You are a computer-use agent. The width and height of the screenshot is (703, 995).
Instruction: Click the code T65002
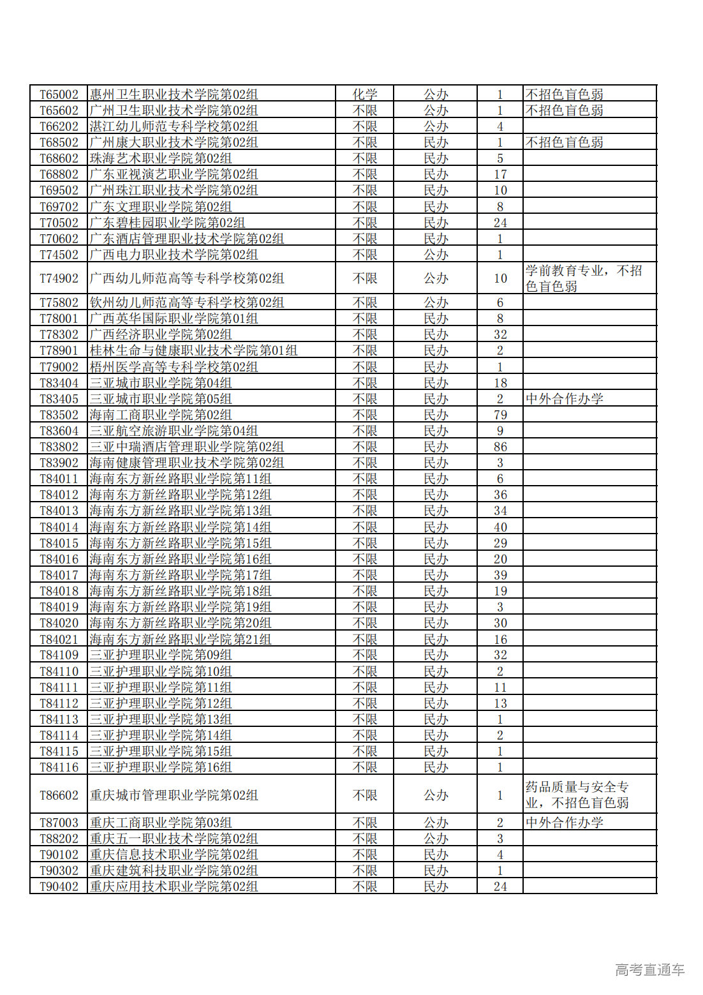point(59,94)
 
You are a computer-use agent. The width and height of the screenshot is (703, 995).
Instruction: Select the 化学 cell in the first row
point(365,94)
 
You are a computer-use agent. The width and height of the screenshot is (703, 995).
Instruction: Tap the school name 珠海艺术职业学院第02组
point(161,158)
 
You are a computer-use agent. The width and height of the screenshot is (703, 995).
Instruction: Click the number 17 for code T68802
point(500,174)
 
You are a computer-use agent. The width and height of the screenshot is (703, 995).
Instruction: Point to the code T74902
point(59,278)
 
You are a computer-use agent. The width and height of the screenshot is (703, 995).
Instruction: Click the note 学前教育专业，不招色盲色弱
point(583,278)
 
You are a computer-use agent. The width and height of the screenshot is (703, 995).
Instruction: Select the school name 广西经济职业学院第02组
point(161,334)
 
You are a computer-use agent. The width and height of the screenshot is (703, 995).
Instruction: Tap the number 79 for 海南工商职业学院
point(500,415)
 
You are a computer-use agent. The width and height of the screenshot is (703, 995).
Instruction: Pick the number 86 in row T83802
point(500,447)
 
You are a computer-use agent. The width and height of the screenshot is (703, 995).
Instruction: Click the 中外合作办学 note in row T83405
point(564,399)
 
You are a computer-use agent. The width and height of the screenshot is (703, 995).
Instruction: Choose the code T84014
point(59,527)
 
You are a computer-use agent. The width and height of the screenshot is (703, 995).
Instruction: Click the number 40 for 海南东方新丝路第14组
point(500,527)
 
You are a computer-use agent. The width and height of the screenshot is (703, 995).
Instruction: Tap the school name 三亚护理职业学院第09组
point(161,655)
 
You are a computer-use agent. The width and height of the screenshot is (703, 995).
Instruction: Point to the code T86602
point(59,795)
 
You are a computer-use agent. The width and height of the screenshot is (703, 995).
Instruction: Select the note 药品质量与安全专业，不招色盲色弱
point(577,795)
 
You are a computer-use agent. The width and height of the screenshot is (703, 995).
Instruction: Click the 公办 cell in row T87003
point(436,823)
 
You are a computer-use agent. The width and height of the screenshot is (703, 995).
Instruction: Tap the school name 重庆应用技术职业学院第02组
point(174,887)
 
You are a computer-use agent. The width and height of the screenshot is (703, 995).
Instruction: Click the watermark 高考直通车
point(649,970)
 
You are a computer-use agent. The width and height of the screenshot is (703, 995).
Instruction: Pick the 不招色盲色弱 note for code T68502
point(564,142)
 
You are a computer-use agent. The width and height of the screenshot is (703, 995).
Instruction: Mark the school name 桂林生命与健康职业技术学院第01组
point(193,350)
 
